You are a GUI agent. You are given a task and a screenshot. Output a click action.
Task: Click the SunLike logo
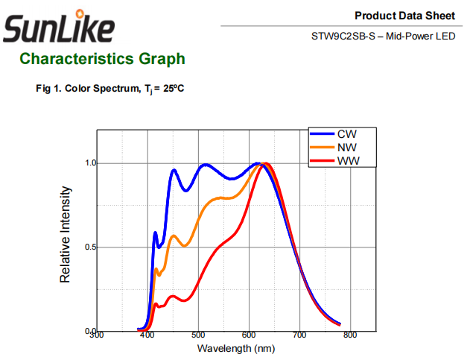pos(60,28)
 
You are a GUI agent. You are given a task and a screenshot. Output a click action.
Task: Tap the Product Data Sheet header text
pos(404,16)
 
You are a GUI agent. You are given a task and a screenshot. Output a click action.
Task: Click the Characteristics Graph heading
pos(102,59)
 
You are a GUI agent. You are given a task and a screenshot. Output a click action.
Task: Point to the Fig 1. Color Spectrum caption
pos(109,89)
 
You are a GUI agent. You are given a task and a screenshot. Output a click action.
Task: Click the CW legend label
pos(347,134)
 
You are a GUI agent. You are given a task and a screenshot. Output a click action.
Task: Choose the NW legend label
pos(347,148)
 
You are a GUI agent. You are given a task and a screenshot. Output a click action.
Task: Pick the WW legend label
pos(349,161)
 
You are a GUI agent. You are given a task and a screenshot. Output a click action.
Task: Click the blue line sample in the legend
pos(322,134)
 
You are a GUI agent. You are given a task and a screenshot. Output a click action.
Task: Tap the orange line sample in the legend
pos(322,148)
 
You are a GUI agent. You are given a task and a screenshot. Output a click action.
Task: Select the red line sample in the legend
pos(322,161)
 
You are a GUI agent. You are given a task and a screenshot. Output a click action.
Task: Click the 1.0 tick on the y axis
pos(90,163)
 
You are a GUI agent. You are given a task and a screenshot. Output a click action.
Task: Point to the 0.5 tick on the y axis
pos(90,247)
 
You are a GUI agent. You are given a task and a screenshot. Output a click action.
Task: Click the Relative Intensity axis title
pos(66,234)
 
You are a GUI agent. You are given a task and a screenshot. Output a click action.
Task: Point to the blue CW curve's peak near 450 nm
pos(174,170)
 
